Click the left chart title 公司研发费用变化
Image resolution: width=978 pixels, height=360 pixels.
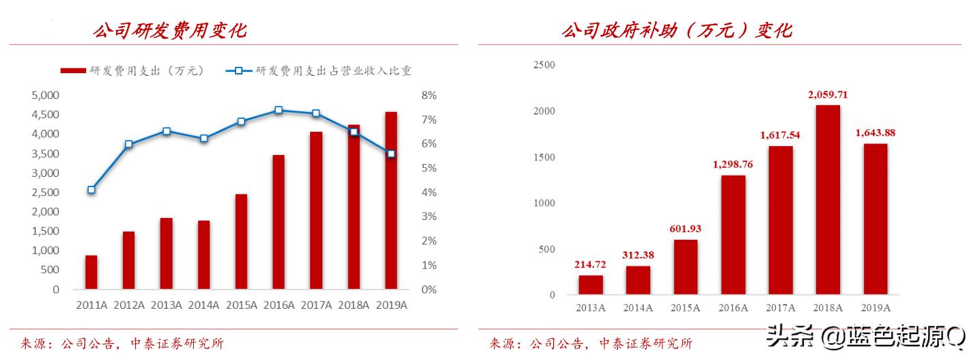tap(170, 31)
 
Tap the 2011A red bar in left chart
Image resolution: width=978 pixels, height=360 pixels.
tap(91, 272)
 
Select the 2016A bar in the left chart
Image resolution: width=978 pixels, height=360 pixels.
tap(278, 222)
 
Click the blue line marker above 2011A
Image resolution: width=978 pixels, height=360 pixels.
tap(91, 190)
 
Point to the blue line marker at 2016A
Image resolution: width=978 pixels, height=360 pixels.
tap(278, 110)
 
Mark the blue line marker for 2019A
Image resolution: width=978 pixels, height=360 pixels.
tap(391, 154)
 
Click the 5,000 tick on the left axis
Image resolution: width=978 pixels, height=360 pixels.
tap(46, 95)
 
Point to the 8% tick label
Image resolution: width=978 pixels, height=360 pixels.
tap(429, 95)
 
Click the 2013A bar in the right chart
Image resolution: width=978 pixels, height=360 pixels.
tap(591, 286)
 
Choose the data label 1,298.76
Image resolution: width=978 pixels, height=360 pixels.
tap(733, 165)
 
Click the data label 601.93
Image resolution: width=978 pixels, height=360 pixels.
tap(685, 229)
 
